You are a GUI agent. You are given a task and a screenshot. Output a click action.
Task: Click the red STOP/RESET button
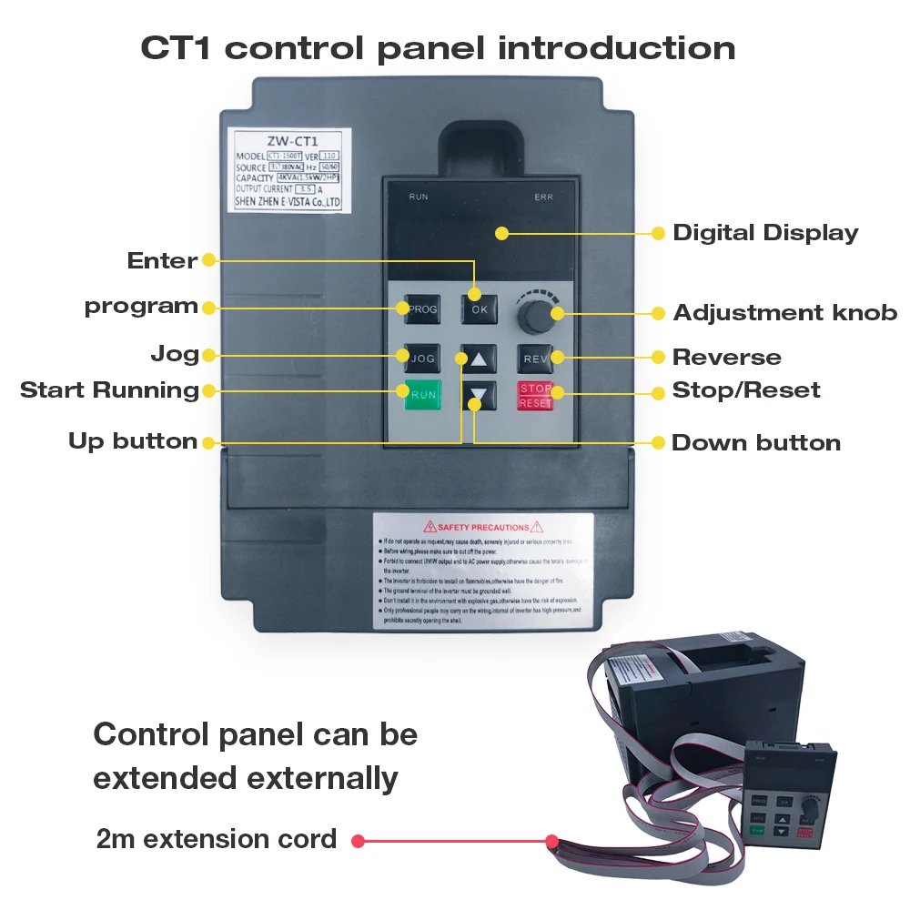[x=535, y=395]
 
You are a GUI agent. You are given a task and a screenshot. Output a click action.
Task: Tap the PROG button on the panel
[x=422, y=309]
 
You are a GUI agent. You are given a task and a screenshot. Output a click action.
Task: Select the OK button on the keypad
[x=479, y=309]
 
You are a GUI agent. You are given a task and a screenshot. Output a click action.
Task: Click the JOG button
[x=422, y=358]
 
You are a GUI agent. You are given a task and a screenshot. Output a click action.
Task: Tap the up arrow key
[x=479, y=358]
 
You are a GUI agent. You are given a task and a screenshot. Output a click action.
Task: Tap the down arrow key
[x=479, y=396]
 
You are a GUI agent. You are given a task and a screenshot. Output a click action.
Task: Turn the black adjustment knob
[x=534, y=317]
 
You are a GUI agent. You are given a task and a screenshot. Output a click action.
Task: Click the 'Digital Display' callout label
[x=765, y=233]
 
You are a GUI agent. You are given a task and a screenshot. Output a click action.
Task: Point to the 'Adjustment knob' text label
[x=784, y=313]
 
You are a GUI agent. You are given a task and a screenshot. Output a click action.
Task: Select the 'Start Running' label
[x=109, y=390]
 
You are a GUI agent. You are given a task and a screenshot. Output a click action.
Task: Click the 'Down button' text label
[x=755, y=443]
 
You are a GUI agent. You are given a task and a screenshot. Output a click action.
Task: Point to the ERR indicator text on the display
[x=543, y=197]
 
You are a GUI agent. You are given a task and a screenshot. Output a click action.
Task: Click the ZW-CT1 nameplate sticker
[x=287, y=171]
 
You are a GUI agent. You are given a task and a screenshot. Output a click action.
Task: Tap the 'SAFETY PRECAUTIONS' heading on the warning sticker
[x=482, y=527]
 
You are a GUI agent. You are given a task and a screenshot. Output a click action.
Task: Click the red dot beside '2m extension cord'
[x=358, y=841]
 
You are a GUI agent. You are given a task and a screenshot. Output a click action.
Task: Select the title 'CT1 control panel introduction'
[x=438, y=48]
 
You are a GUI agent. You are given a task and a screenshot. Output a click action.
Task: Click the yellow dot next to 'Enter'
[x=208, y=260]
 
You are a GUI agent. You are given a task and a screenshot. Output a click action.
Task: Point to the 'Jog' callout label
[x=175, y=354]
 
